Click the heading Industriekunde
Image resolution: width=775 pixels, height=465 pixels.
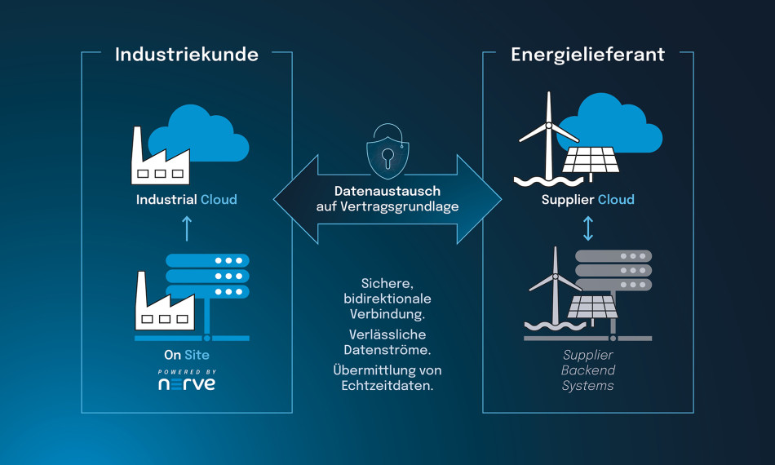click(x=186, y=55)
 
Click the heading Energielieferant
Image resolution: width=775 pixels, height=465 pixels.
click(x=587, y=55)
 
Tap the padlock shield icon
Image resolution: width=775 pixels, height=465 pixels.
click(x=387, y=152)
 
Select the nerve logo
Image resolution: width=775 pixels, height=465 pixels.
click(x=187, y=383)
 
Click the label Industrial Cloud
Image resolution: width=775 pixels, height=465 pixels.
click(x=186, y=199)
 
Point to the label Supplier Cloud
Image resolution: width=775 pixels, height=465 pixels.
click(x=587, y=199)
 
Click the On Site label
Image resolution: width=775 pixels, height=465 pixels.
click(x=186, y=355)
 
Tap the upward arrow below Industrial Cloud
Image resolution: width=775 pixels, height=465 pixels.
click(x=186, y=228)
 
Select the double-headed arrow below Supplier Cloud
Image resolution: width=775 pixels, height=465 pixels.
click(x=588, y=228)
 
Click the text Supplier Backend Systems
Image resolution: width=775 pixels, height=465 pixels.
click(x=587, y=370)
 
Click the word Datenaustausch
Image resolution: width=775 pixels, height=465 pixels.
click(x=387, y=190)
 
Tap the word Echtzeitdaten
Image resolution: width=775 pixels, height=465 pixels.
click(x=387, y=385)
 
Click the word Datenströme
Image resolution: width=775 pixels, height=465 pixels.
click(x=387, y=349)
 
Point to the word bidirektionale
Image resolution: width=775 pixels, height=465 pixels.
click(x=387, y=299)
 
